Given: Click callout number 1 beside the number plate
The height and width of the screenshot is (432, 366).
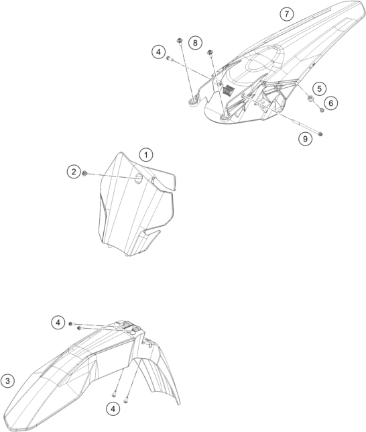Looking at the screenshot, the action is click(x=146, y=155).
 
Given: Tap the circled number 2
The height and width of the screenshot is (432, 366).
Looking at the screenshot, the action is click(x=74, y=172).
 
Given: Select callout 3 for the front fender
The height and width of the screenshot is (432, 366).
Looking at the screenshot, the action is click(x=7, y=381).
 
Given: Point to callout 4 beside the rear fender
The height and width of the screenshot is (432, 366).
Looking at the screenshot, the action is click(x=158, y=52).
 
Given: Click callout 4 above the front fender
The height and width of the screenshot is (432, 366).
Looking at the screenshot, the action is click(x=58, y=323).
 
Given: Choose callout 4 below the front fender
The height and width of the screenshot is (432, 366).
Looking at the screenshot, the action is click(x=113, y=409).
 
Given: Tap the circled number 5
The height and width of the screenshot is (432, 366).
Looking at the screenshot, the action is click(x=319, y=89).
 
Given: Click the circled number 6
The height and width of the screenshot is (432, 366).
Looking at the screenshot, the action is click(x=330, y=103).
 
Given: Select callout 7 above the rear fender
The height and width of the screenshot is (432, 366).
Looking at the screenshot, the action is click(x=287, y=14).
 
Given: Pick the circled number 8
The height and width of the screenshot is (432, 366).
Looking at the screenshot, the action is click(x=195, y=43).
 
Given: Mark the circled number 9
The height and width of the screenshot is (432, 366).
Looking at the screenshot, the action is click(x=305, y=139).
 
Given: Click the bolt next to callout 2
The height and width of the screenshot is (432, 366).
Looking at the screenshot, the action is click(x=85, y=173).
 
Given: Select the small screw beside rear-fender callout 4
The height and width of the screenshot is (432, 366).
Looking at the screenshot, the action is click(x=169, y=58).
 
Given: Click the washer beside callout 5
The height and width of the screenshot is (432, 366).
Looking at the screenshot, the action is click(x=310, y=98).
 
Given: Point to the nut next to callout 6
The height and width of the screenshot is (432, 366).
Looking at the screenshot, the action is click(x=321, y=110).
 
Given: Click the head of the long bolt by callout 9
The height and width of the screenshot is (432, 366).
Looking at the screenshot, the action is click(x=320, y=134).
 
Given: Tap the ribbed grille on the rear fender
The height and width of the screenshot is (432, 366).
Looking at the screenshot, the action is click(x=228, y=90).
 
